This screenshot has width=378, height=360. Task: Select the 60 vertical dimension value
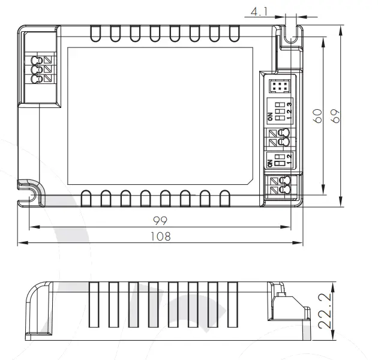(x=319, y=116)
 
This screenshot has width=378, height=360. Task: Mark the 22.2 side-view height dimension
(x=324, y=311)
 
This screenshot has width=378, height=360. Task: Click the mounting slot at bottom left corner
(x=28, y=193)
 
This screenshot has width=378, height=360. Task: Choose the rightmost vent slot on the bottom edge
(x=224, y=199)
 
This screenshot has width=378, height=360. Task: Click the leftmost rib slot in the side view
(x=94, y=305)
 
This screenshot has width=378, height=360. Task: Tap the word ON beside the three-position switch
(x=270, y=116)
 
